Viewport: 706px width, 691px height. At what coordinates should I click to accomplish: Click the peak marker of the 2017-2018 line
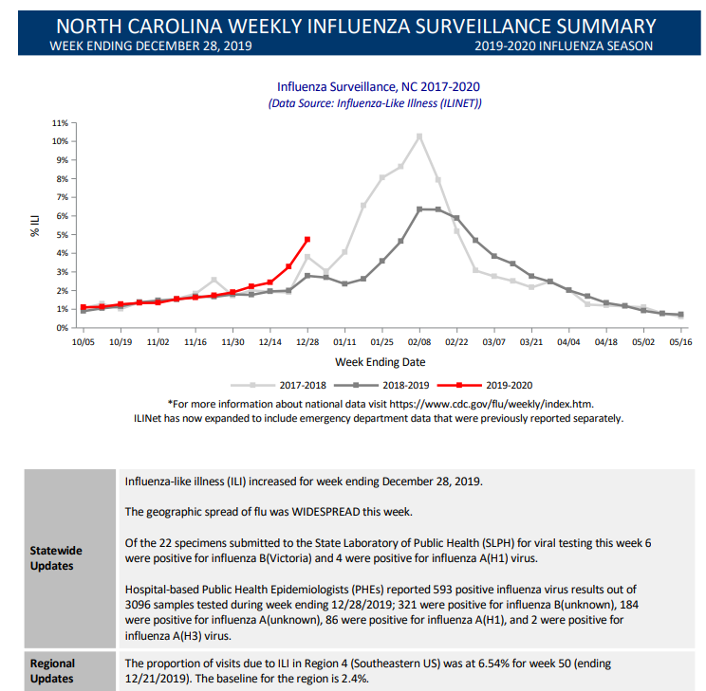(419, 136)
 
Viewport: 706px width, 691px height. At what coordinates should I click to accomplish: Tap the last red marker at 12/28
(307, 239)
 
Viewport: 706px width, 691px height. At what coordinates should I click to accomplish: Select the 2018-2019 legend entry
(381, 385)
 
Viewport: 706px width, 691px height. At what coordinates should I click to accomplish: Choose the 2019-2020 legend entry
(485, 385)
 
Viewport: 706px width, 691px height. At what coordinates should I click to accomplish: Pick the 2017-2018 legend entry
(278, 385)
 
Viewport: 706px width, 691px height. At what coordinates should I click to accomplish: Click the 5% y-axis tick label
(62, 235)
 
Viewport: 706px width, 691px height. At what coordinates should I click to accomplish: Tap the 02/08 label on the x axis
(419, 342)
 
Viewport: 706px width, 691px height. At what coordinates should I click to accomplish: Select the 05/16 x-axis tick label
(680, 342)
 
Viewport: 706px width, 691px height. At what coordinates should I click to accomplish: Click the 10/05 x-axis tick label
(84, 342)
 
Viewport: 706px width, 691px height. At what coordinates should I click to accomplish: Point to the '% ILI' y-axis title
(35, 226)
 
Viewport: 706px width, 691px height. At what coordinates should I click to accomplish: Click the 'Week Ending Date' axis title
(380, 362)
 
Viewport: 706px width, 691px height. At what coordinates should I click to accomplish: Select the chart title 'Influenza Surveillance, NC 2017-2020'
(379, 86)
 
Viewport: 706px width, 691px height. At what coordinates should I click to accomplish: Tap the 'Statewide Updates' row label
(56, 558)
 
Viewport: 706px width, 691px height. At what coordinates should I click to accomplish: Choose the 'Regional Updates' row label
(52, 671)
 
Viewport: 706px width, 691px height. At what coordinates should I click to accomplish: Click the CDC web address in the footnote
(492, 404)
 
